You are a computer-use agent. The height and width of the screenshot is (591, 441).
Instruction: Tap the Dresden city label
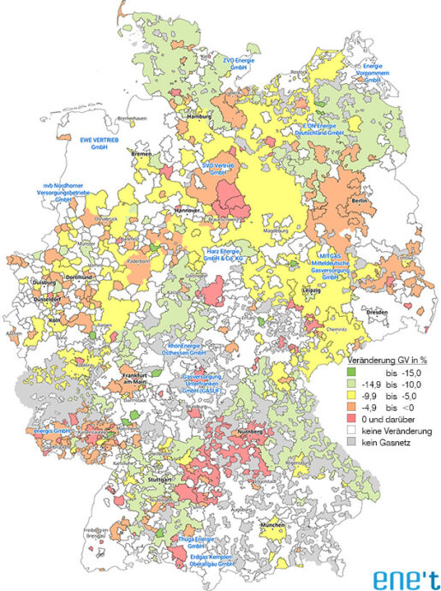(x=377, y=313)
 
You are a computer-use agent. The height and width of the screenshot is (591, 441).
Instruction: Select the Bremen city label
(x=140, y=153)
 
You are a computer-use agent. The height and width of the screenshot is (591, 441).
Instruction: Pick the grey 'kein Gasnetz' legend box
(x=350, y=440)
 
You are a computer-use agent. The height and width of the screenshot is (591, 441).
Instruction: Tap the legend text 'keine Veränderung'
(x=396, y=429)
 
